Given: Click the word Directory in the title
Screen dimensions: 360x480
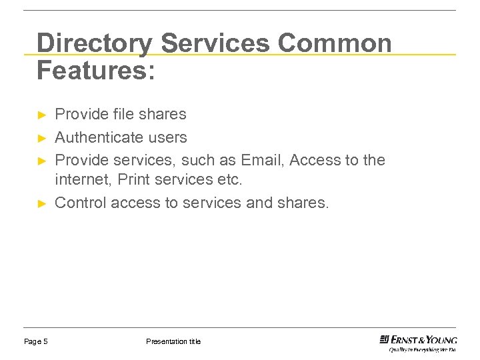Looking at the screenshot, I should (x=94, y=43).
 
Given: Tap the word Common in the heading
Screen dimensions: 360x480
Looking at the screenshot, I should (x=335, y=43).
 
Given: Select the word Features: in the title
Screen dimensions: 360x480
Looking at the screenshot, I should (x=96, y=70).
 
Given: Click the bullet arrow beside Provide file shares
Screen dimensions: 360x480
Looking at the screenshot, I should (x=41, y=115).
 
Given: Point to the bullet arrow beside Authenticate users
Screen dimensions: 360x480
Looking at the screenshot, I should (x=41, y=138).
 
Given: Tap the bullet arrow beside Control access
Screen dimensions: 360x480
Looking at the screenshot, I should (x=41, y=203).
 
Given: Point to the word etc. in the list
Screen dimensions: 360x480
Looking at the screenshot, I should (x=228, y=180).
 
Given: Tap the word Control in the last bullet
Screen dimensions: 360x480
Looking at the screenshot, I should (x=81, y=203).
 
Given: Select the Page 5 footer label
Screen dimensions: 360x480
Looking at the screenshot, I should (x=36, y=341).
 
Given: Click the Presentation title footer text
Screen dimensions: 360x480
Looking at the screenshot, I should (x=173, y=341).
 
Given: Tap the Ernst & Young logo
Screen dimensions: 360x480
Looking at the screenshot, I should (x=418, y=339).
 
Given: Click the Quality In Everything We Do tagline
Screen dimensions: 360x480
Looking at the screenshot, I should (x=423, y=349).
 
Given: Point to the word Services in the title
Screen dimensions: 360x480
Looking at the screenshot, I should (x=215, y=43).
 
